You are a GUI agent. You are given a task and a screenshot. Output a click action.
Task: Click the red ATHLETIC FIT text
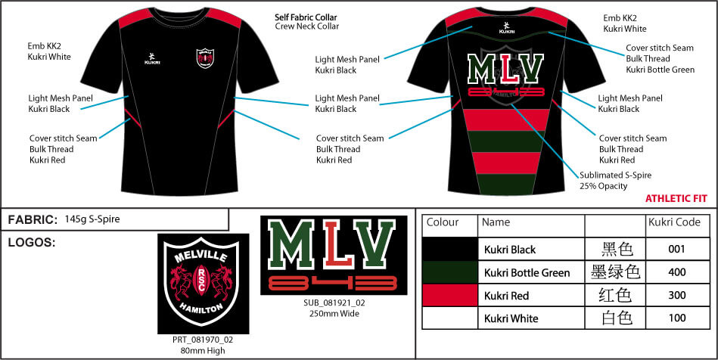tap(676, 199)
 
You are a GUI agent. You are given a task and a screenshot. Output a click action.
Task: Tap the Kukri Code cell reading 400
tap(677, 272)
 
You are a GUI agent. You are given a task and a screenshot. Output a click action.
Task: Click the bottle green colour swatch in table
tap(449, 272)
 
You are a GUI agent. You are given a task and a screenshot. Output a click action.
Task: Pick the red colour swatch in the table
tap(449, 296)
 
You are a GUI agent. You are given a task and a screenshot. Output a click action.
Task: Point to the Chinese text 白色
tap(617, 318)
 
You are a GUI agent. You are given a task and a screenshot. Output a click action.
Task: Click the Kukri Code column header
tap(675, 222)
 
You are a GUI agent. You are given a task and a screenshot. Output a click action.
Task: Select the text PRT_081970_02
tap(203, 340)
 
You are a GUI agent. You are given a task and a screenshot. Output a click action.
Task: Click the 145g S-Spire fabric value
tap(92, 219)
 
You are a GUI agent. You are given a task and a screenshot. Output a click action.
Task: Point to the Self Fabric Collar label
tap(306, 17)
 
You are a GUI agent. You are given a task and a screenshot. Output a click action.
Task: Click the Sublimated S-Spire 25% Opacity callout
tap(615, 181)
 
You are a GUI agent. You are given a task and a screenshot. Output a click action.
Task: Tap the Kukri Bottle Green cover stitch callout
tap(660, 59)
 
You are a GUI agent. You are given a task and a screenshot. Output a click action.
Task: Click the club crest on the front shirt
tap(205, 58)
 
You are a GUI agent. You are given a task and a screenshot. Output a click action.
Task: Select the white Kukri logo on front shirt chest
tap(152, 58)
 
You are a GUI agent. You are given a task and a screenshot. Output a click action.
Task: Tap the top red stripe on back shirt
tap(505, 120)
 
